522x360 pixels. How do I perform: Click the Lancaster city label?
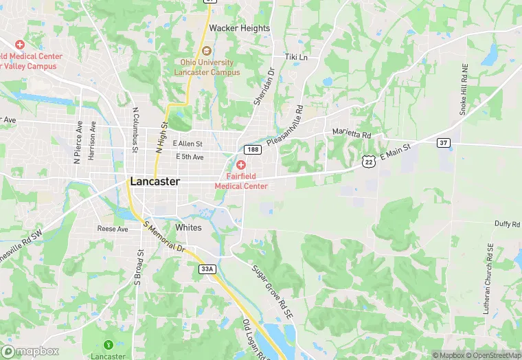point(155,182)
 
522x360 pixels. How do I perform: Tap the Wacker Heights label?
point(240,28)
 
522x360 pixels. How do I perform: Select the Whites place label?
point(188,227)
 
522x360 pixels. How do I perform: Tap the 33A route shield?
point(207,269)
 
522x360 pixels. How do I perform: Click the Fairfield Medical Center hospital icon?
point(241,165)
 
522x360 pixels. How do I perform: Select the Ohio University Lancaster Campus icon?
point(206,52)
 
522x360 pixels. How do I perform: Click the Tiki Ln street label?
point(296,57)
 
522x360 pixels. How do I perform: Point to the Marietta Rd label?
point(351,134)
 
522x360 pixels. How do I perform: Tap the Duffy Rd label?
point(508,225)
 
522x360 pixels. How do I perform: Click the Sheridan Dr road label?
point(262,87)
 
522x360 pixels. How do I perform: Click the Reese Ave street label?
point(113,229)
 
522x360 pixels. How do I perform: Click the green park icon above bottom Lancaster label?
point(107,344)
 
